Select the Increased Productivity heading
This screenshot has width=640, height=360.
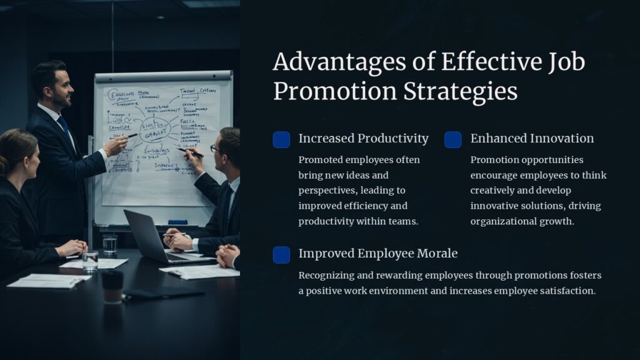tap(363, 138)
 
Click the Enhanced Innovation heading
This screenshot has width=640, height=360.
tap(532, 138)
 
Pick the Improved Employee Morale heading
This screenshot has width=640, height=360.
tap(377, 253)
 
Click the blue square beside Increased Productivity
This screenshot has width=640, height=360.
tap(281, 139)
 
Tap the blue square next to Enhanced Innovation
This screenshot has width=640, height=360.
tap(453, 139)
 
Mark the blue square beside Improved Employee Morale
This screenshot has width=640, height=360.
tap(281, 254)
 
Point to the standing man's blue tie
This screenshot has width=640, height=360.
tap(65, 128)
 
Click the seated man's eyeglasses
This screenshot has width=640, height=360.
tap(215, 149)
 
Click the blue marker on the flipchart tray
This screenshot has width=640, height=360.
tap(177, 222)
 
